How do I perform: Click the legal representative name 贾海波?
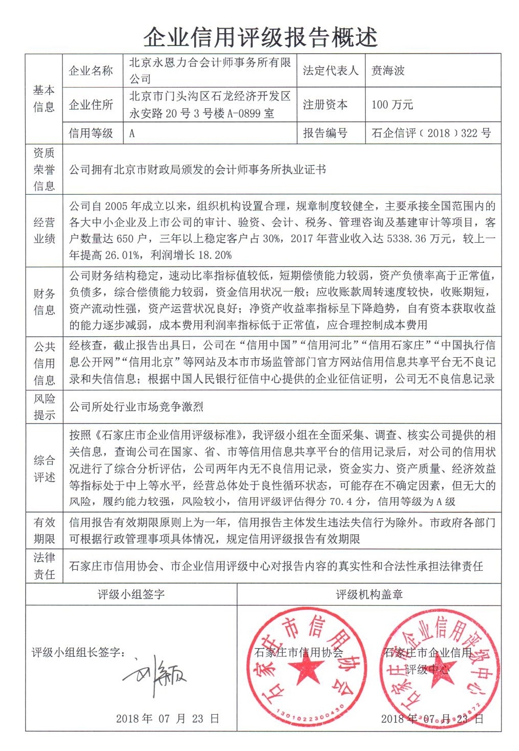(x=388, y=71)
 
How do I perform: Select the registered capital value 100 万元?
(x=392, y=104)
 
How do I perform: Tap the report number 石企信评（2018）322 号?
(x=431, y=133)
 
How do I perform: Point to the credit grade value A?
(x=132, y=134)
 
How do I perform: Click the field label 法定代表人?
(x=330, y=71)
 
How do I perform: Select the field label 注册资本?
(x=325, y=104)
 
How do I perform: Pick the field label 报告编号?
(x=325, y=133)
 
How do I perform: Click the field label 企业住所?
(x=91, y=104)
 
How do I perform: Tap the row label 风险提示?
(x=44, y=406)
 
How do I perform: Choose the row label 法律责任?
(x=44, y=566)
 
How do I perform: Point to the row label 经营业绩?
(x=44, y=230)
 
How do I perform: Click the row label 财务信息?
(x=44, y=302)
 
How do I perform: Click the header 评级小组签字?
(x=131, y=594)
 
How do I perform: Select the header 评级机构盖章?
(x=369, y=594)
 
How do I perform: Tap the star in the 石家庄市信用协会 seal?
(x=306, y=669)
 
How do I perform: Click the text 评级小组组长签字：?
(x=78, y=652)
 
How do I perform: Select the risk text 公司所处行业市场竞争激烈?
(x=136, y=406)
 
